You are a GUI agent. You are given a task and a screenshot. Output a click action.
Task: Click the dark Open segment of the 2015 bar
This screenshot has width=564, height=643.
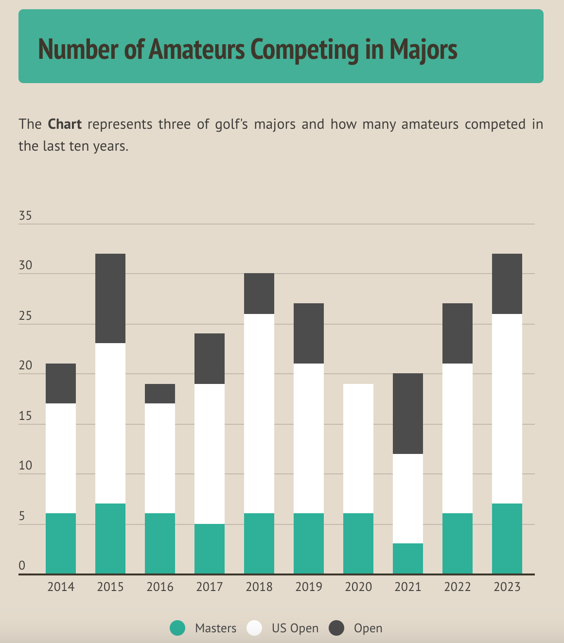click(110, 298)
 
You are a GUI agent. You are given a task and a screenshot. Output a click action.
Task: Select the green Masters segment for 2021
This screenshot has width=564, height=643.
click(408, 558)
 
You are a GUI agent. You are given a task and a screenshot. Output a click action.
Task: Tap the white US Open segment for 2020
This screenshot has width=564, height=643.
click(358, 448)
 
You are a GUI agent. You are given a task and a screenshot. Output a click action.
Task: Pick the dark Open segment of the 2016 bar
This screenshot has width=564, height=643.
click(160, 394)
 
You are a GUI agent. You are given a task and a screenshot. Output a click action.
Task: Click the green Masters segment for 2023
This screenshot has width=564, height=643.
click(507, 539)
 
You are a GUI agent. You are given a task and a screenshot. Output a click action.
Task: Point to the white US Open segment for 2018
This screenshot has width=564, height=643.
click(259, 413)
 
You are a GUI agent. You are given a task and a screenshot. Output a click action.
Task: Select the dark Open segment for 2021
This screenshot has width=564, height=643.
click(408, 413)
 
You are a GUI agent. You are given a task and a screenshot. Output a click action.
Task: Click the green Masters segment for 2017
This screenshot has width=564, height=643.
click(210, 549)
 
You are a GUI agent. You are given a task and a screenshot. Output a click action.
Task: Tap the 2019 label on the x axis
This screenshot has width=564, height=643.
click(309, 587)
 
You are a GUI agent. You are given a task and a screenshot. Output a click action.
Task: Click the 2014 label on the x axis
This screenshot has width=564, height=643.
click(61, 587)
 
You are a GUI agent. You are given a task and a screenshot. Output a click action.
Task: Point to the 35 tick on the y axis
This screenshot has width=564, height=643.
click(25, 216)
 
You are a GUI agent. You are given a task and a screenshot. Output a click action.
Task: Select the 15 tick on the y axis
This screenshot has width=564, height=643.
click(25, 416)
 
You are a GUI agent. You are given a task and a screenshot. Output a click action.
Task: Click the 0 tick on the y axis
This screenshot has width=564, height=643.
click(22, 566)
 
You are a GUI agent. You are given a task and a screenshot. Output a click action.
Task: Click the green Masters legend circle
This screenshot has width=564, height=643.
click(178, 628)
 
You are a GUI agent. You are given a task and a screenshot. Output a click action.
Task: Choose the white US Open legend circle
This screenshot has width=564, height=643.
click(254, 628)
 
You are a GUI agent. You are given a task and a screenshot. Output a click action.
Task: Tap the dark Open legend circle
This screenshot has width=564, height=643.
click(336, 628)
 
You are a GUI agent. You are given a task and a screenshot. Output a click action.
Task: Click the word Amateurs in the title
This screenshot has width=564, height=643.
click(196, 49)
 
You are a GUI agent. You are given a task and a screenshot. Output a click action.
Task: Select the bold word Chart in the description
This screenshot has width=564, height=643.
click(65, 124)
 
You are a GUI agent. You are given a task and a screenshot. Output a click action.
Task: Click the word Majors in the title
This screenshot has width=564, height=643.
click(423, 49)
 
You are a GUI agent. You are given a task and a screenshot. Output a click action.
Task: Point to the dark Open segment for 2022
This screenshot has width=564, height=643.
click(458, 333)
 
